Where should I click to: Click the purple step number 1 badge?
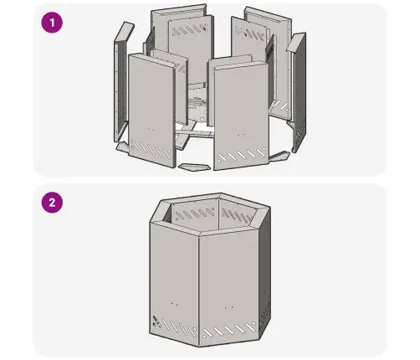(x=52, y=23)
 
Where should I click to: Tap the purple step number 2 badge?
(x=52, y=203)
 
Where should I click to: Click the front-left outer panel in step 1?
(x=152, y=111)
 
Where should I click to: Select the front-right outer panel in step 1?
(x=241, y=116)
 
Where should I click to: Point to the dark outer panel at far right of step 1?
(x=299, y=92)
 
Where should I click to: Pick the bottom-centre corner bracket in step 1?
(x=194, y=167)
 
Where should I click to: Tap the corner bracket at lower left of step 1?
(x=123, y=146)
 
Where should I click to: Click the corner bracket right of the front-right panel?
(x=279, y=156)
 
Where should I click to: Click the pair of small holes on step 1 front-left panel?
(x=151, y=129)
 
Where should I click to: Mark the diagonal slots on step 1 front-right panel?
(x=242, y=155)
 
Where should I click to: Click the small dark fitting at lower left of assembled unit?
(x=156, y=321)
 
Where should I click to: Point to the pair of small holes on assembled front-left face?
(x=174, y=303)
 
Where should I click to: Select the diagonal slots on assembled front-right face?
(x=228, y=329)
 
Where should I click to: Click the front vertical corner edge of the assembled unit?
(x=199, y=291)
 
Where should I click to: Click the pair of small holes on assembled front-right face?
(x=229, y=307)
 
